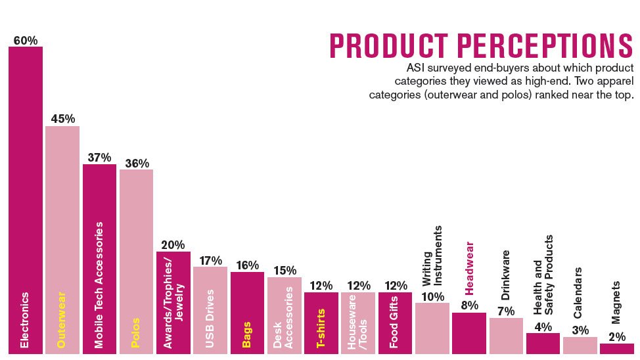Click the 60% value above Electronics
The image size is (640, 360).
25,41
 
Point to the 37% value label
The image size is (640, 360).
99,158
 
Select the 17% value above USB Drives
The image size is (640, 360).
210,260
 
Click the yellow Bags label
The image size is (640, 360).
246,334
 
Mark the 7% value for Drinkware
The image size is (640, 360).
505,311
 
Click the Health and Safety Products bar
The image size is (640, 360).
543,344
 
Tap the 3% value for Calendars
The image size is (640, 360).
580,330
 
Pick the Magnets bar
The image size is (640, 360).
616,349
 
